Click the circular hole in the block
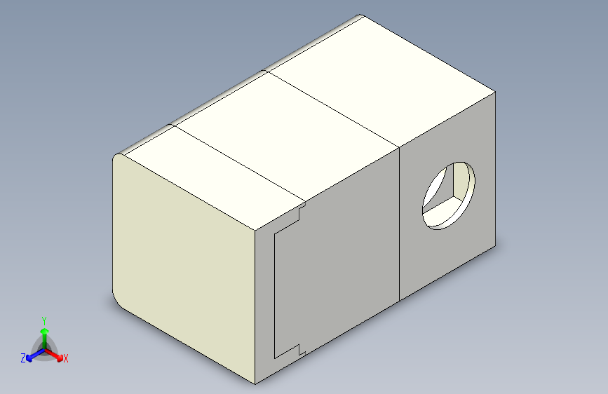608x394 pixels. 448,194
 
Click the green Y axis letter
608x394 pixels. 43,319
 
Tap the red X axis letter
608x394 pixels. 66,359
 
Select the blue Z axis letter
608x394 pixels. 23,358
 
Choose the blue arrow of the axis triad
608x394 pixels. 32,355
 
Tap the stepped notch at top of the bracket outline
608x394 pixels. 301,210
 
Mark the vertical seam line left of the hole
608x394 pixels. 399,224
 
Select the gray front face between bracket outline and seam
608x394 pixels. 344,266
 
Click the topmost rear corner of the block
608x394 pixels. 361,16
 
